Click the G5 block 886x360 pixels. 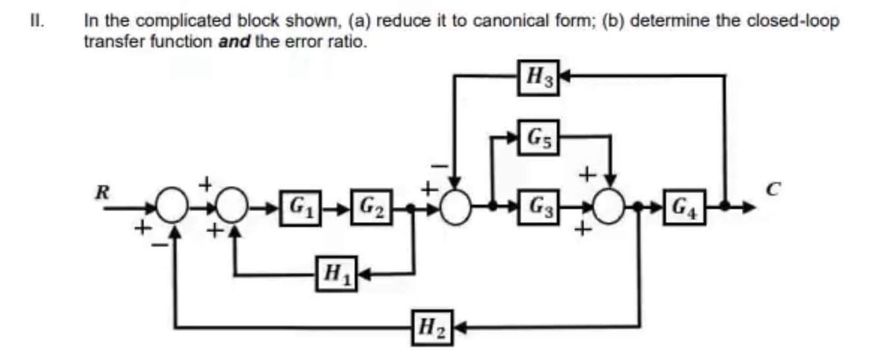[540, 139]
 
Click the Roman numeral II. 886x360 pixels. [38, 20]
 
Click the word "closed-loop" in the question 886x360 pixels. [798, 21]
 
